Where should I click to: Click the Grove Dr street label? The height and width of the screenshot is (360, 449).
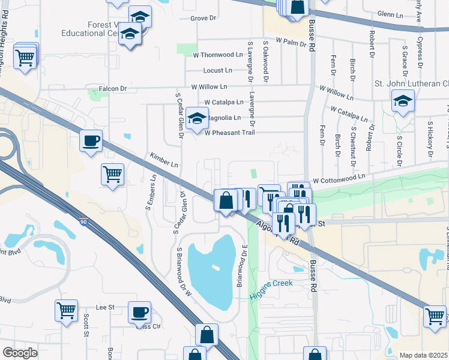point(203,19)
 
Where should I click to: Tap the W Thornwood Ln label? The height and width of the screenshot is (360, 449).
point(221,55)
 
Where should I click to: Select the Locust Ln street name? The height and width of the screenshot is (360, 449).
point(217,71)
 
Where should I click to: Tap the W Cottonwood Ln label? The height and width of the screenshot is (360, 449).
point(339,178)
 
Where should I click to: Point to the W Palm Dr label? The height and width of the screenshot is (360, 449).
point(291,41)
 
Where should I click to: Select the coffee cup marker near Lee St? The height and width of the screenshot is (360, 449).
point(139,312)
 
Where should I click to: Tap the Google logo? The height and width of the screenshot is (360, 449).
point(20,353)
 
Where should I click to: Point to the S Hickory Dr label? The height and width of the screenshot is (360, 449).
point(430,142)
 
